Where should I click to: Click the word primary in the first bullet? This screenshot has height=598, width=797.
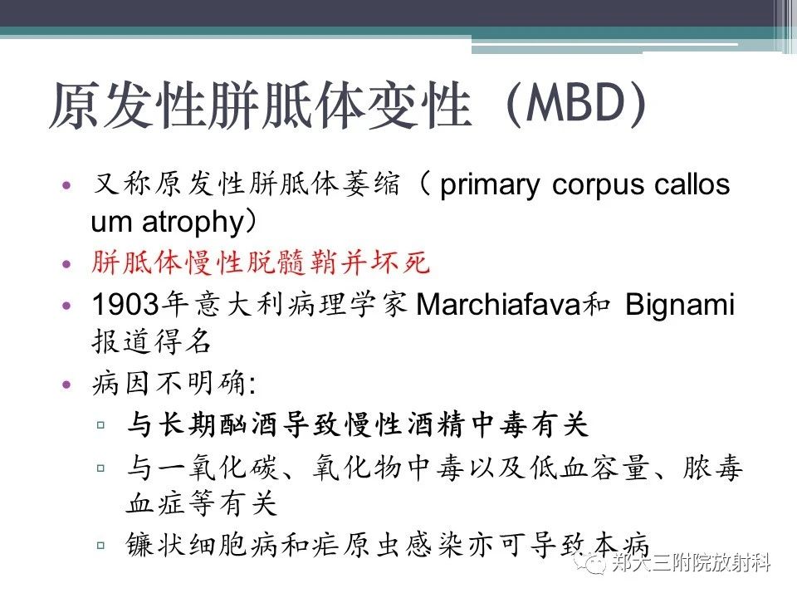490,185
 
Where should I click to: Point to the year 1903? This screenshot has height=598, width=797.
125,305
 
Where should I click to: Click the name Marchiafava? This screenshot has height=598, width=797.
498,305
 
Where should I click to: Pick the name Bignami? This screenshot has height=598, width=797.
680,305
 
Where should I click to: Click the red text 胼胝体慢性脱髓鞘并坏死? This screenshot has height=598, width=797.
261,263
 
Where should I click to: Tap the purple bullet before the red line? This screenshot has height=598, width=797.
66,264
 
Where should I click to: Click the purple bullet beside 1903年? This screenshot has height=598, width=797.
66,306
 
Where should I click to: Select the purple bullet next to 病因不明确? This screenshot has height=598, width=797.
66,384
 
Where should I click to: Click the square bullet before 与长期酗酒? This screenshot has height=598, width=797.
100,424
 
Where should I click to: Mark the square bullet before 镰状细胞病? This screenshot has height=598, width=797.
100,546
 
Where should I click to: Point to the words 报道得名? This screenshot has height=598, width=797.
151,341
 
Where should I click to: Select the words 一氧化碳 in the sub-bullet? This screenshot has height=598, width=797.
218,467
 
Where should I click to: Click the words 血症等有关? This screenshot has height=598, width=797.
201,504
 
